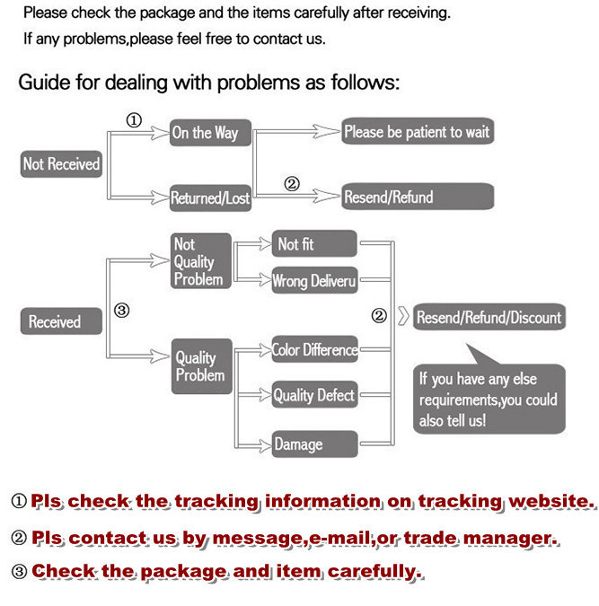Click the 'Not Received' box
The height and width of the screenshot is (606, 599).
tap(61, 164)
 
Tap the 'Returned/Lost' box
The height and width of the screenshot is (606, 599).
tap(210, 198)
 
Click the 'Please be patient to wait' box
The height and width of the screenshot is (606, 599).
tap(418, 132)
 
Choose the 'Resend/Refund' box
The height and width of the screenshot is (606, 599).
tap(418, 198)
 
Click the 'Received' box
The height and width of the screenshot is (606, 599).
tap(55, 321)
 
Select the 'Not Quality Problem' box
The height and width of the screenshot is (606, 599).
tap(200, 261)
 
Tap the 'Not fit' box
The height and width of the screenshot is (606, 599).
tap(313, 244)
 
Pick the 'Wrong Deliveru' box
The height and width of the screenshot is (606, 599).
tap(314, 281)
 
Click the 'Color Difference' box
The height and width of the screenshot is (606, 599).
tap(314, 349)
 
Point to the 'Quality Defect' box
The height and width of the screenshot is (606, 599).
tap(314, 395)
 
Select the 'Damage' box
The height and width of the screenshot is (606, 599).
tap(314, 444)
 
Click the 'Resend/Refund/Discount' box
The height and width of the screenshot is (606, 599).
tap(489, 317)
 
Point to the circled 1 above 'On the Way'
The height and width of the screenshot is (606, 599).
tap(133, 121)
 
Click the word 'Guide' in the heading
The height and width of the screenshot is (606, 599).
tap(44, 83)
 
